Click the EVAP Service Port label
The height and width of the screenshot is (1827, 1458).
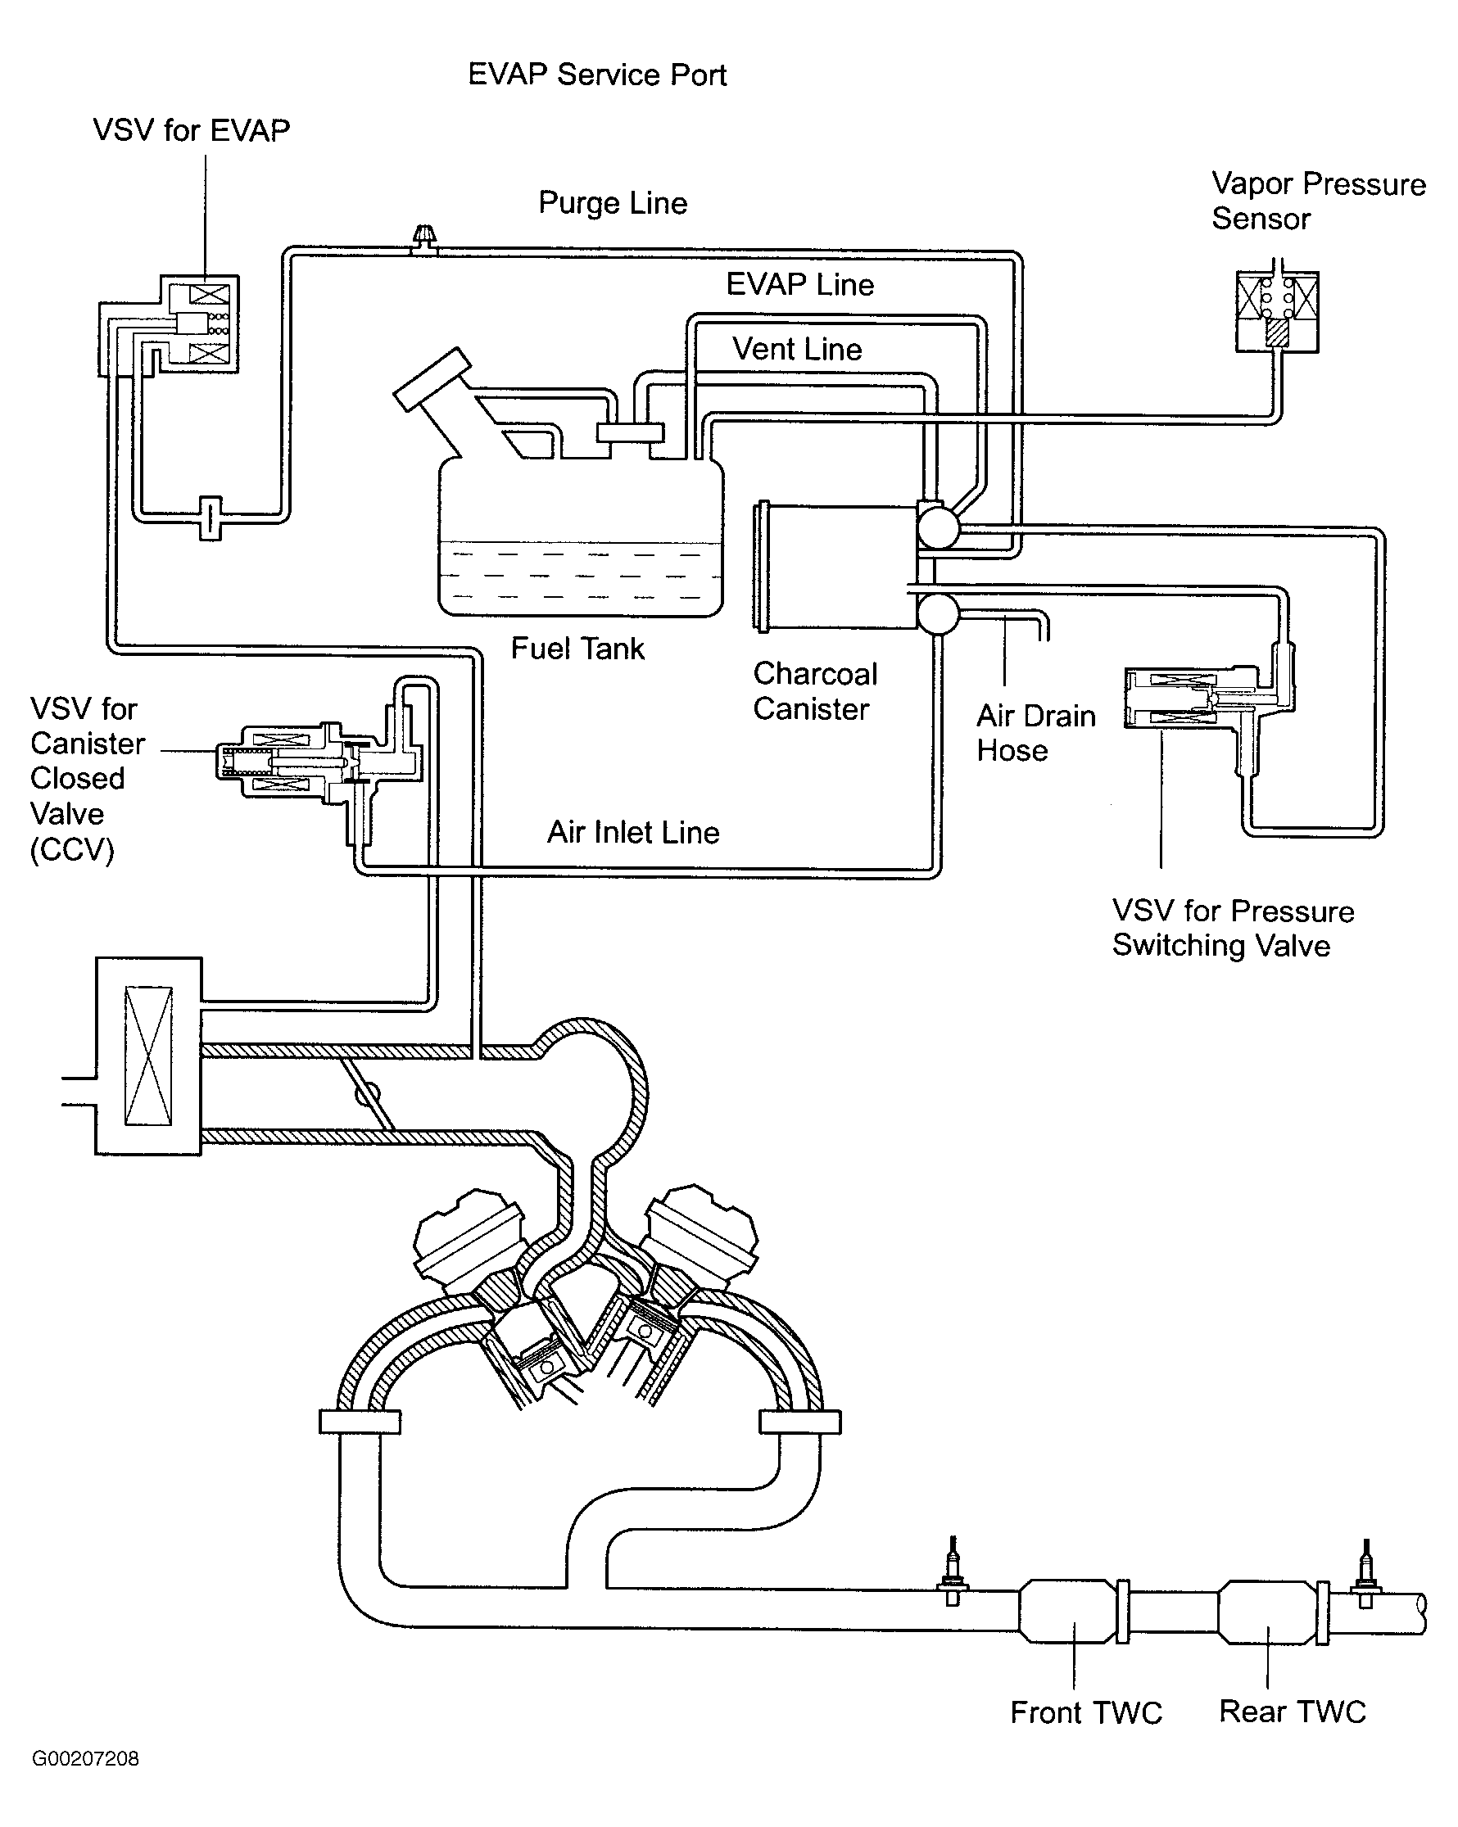tap(597, 75)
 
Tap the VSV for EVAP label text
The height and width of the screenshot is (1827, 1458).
tap(191, 130)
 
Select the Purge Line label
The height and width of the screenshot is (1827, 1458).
tap(612, 203)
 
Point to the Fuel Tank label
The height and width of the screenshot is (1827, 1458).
tap(577, 649)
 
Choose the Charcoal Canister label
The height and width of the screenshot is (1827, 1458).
tap(815, 691)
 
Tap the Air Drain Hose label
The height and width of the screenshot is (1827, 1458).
tap(1035, 733)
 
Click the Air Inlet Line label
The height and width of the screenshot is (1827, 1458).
tap(633, 832)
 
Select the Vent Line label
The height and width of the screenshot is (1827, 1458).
tap(797, 349)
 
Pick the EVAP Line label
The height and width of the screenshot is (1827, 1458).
tap(799, 285)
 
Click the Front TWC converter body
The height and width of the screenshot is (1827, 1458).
tap(1067, 1610)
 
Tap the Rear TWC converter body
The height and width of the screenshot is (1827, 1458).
tap(1268, 1610)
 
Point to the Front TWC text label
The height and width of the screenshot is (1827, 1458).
tap(1085, 1712)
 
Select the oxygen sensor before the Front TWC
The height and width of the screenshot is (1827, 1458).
tap(953, 1581)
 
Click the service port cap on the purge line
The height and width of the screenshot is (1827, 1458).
tap(423, 235)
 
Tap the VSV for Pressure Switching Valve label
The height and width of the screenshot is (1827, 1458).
tap(1233, 928)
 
